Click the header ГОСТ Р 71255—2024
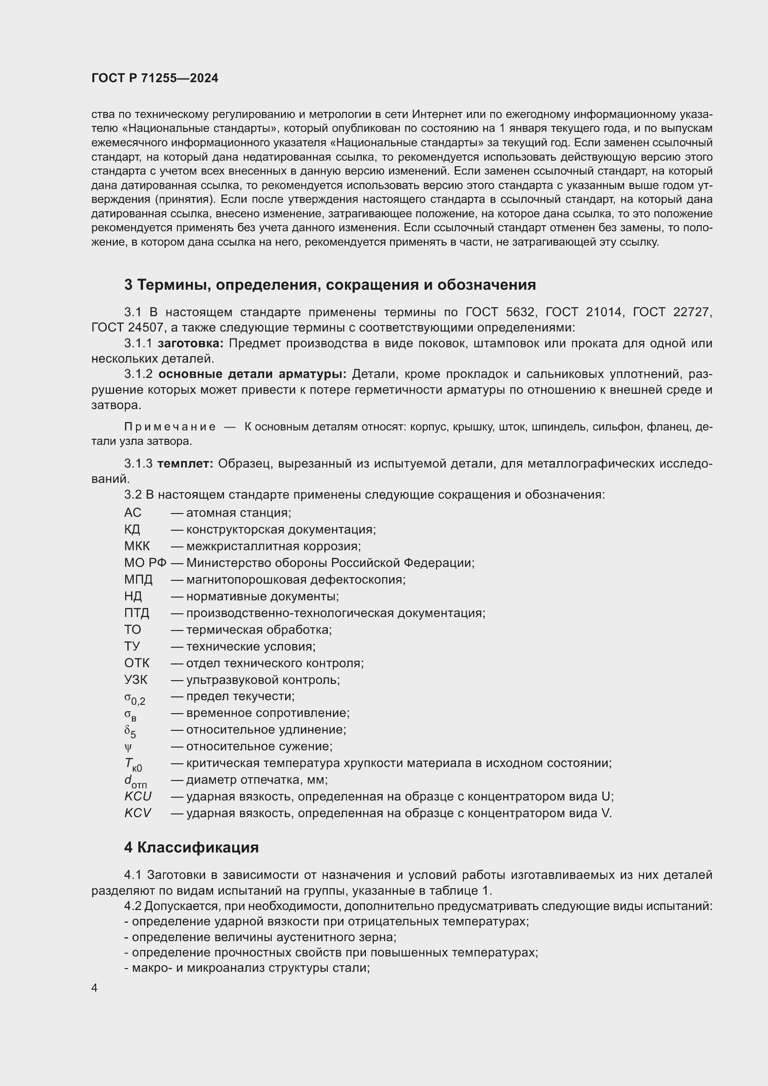tap(155, 78)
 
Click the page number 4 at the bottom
tap(95, 988)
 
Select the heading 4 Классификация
tap(191, 847)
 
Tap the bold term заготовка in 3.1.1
tap(190, 344)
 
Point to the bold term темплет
tap(185, 463)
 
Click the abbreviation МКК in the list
tap(137, 546)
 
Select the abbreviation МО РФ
tap(145, 563)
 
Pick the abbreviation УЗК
tap(136, 680)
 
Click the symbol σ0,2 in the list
tap(134, 698)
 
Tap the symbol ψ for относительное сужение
tap(128, 747)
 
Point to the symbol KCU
tap(137, 797)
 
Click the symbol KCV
tap(137, 813)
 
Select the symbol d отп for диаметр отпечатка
tap(135, 781)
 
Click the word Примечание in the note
tap(170, 427)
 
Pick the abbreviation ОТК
tap(137, 663)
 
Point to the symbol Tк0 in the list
tap(133, 764)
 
